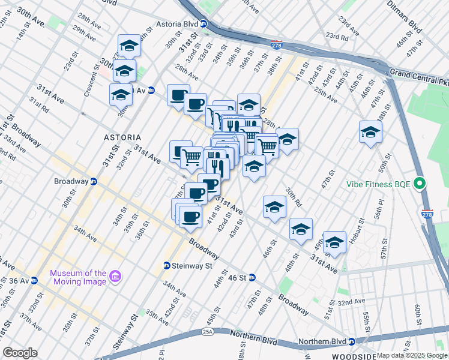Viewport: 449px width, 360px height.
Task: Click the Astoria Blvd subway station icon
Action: [x=203, y=24]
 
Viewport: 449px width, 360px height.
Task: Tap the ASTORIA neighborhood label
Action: [x=122, y=137]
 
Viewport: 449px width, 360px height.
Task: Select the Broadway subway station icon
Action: [x=94, y=181]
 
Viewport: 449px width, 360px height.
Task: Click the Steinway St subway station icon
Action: [x=166, y=266]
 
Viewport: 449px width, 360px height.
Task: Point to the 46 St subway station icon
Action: [x=253, y=277]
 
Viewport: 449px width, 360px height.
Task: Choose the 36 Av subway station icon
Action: [x=34, y=280]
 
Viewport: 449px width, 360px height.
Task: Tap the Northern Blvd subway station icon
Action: [x=352, y=342]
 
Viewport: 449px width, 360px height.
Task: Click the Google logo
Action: [x=20, y=353]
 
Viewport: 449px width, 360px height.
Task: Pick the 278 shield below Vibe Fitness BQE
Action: [x=427, y=214]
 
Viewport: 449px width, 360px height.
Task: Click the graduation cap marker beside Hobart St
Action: [x=335, y=242]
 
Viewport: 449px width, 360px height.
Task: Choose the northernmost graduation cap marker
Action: [x=128, y=46]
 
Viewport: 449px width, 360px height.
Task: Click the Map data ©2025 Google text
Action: [x=408, y=355]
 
